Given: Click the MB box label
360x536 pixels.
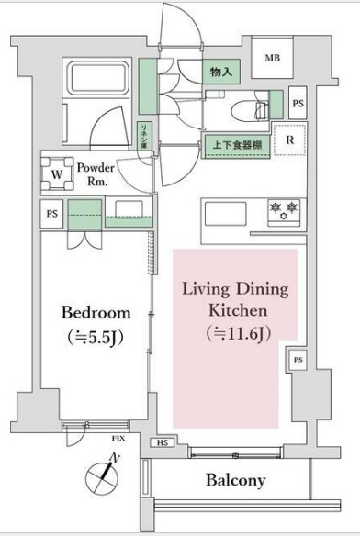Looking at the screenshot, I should [x=273, y=59].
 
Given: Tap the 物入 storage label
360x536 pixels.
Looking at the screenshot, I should [x=219, y=71].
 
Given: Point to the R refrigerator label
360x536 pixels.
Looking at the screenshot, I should [x=289, y=141].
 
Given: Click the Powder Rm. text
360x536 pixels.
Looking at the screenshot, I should [x=95, y=174].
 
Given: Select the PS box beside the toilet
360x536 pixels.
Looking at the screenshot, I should [x=297, y=104].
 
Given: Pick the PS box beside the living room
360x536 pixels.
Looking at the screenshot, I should [x=298, y=361].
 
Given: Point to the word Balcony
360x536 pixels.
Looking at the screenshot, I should [x=235, y=480].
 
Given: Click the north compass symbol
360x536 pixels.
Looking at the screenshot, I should [x=103, y=476].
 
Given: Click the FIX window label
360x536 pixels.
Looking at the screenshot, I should [x=118, y=441].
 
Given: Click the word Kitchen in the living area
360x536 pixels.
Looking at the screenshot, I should [x=235, y=310].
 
